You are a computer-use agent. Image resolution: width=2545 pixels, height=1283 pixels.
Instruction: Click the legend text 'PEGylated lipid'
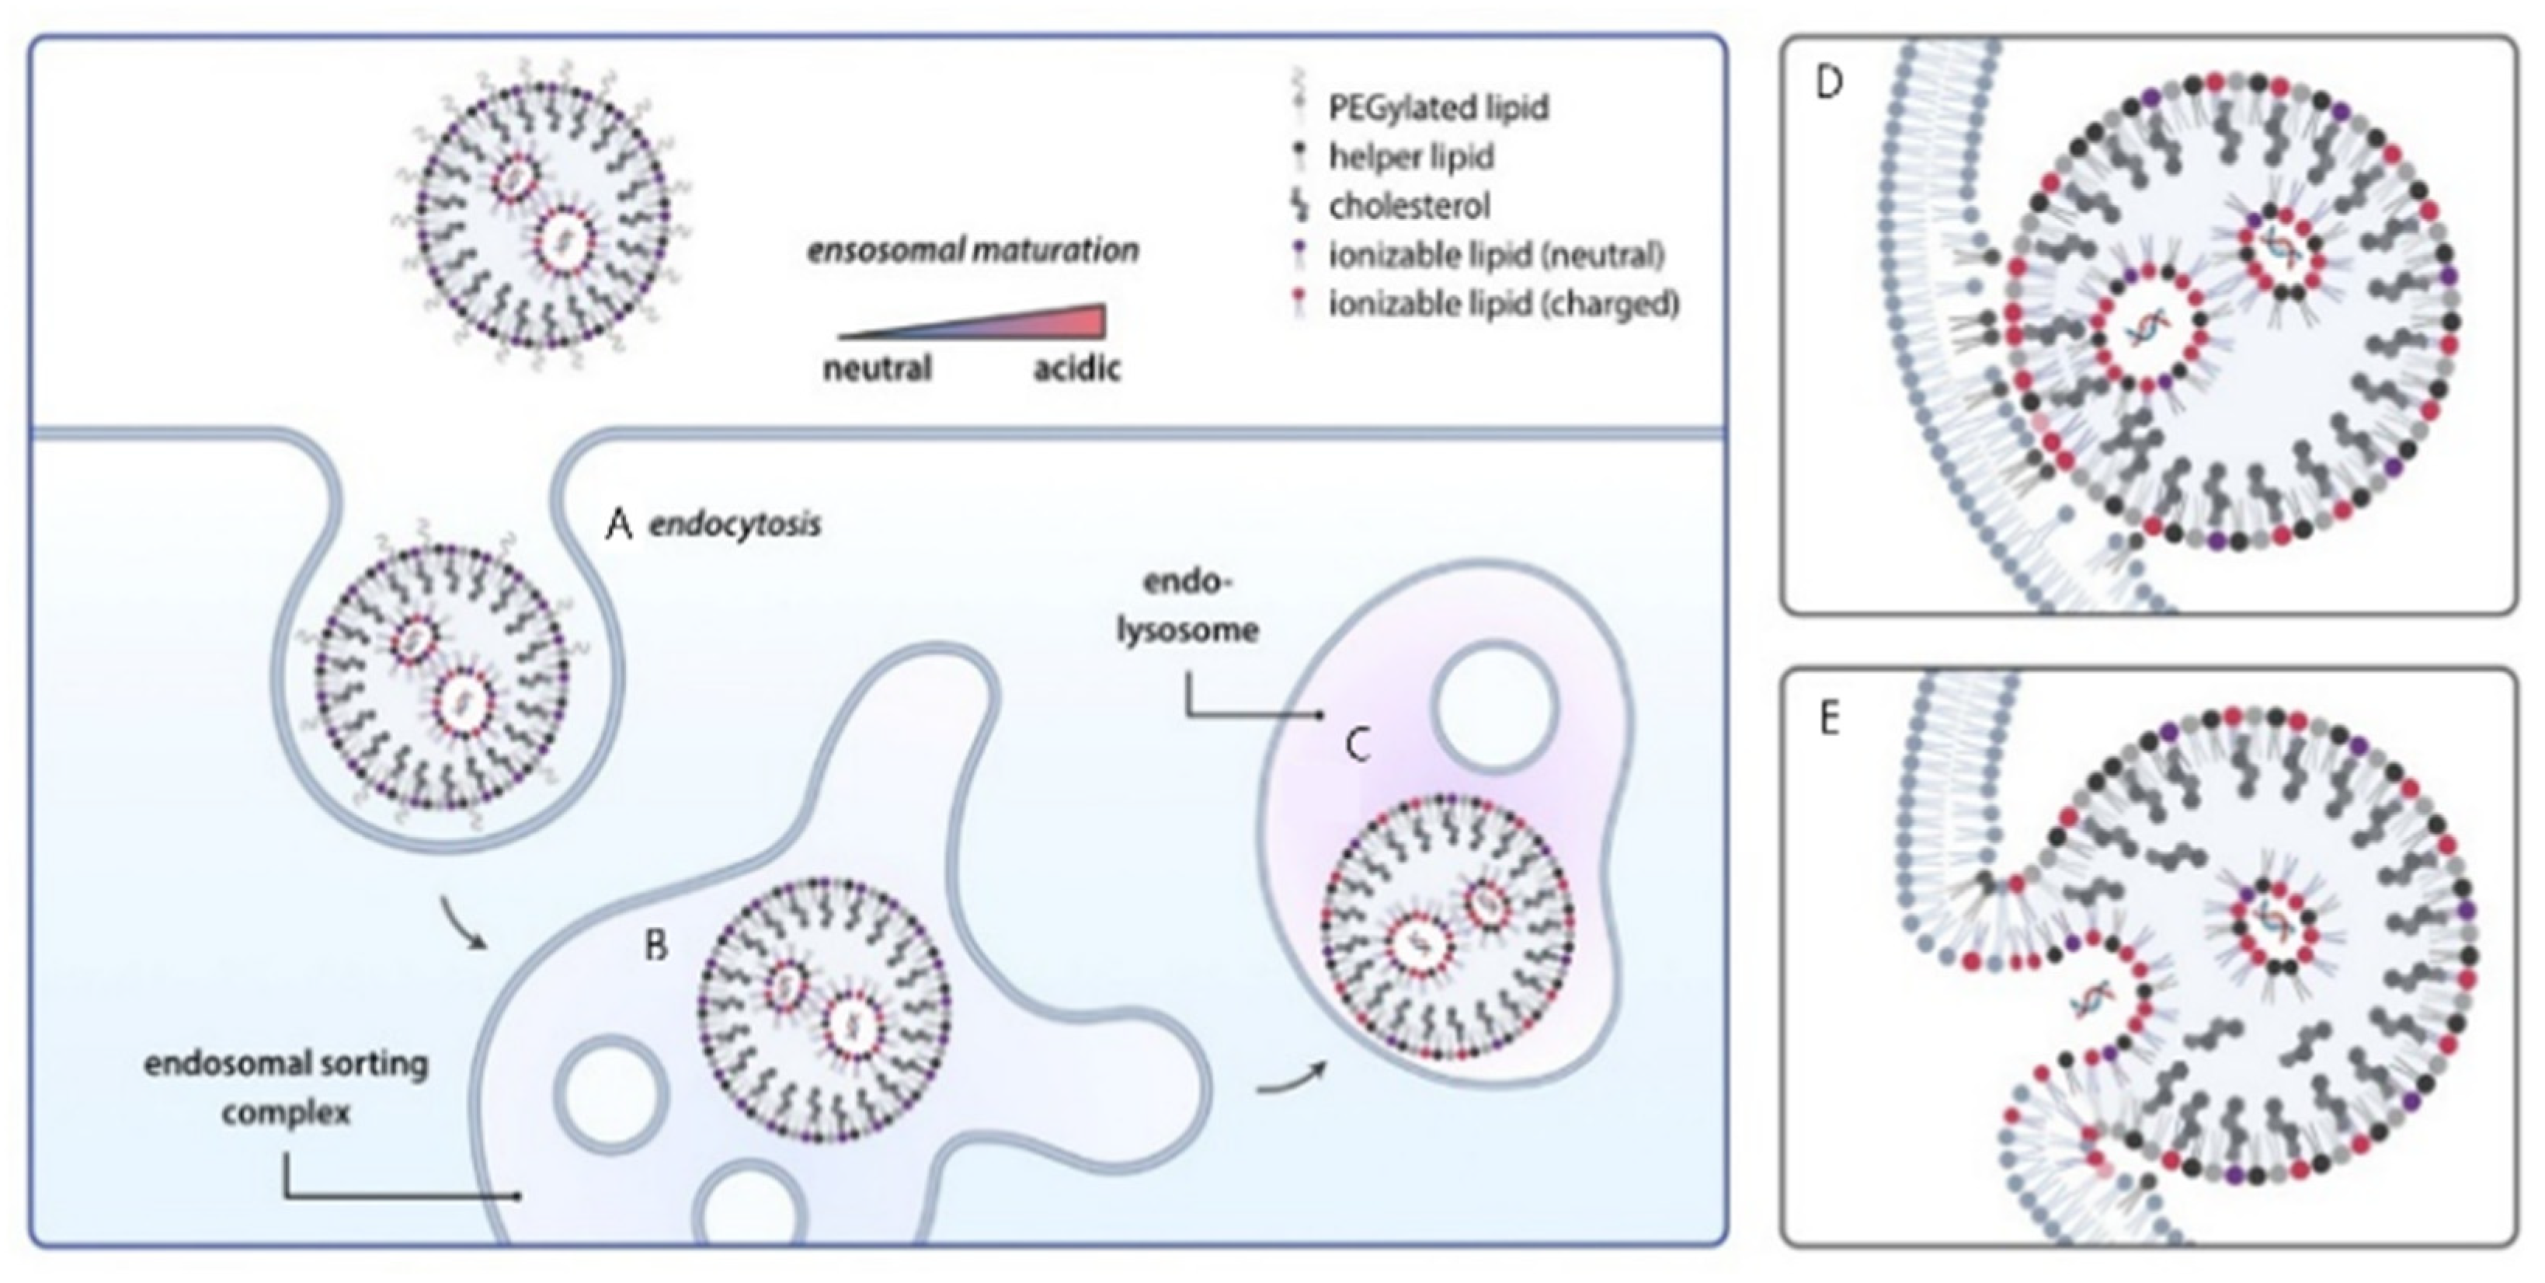pos(1438,106)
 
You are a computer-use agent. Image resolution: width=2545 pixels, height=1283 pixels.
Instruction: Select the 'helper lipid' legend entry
pos(1411,156)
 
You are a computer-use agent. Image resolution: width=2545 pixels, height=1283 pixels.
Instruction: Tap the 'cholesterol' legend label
pos(1409,206)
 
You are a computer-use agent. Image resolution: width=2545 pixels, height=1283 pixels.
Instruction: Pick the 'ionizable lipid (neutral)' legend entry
pos(1496,255)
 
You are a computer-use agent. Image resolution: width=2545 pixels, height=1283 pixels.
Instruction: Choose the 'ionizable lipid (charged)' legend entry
pos(1503,303)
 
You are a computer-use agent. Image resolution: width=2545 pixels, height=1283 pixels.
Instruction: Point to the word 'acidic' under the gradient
pos(1077,368)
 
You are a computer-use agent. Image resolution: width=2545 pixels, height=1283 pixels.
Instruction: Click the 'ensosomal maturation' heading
pos(973,250)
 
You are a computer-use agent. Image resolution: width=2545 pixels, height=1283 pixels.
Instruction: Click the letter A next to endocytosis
pos(618,525)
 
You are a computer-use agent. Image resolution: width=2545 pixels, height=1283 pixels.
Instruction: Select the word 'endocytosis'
pos(734,524)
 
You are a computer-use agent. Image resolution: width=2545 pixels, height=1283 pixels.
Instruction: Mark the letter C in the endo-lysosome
pos(1358,745)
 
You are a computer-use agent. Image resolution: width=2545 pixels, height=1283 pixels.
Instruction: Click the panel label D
pos(1829,83)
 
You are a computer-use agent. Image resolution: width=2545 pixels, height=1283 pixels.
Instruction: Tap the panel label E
pos(1829,720)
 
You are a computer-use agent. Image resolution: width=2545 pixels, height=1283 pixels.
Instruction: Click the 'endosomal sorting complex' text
pos(287,1088)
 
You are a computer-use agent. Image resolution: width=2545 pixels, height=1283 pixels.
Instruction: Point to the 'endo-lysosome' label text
pos(1187,605)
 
